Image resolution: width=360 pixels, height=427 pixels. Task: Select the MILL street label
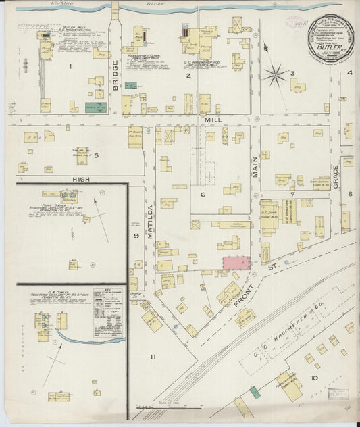point(213,119)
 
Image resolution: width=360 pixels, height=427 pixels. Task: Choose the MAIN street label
point(256,166)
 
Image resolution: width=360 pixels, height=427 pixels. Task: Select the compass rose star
point(274,75)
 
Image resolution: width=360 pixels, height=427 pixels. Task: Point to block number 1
point(70,66)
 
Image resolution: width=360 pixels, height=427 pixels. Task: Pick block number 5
point(96,156)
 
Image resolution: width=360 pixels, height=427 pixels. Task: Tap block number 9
point(136,235)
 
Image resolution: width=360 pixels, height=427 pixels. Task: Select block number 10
point(314,378)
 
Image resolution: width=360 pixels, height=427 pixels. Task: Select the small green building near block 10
point(254,391)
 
